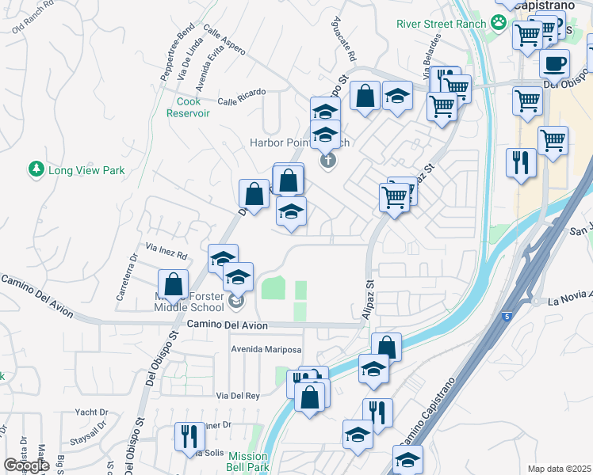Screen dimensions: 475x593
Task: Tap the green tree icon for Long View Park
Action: [36, 169]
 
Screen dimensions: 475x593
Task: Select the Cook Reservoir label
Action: [188, 107]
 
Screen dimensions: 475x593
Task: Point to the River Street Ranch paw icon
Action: [498, 23]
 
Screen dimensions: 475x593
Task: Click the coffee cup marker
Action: [554, 63]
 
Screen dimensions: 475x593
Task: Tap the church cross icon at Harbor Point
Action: [327, 161]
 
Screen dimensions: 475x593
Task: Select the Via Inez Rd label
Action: [166, 254]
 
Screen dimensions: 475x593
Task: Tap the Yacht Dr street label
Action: [92, 412]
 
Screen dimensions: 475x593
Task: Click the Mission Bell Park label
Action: [248, 462]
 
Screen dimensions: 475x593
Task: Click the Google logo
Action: [26, 465]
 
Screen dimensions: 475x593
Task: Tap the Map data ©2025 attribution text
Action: [559, 469]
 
